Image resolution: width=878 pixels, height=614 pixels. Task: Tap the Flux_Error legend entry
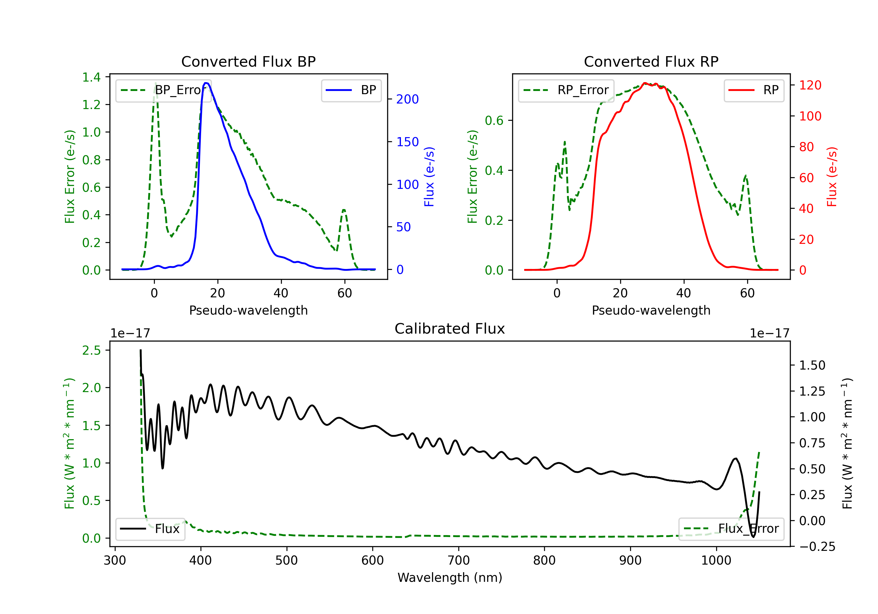tap(731, 529)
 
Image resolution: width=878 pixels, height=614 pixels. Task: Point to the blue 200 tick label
tap(407, 99)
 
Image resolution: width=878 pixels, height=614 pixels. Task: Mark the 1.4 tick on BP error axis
tap(91, 77)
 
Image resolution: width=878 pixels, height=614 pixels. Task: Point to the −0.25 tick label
tap(817, 547)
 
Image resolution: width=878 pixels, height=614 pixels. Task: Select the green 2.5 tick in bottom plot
tap(91, 350)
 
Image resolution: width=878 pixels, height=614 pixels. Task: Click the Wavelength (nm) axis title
tap(450, 577)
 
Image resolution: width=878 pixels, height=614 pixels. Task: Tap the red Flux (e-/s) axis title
tap(832, 177)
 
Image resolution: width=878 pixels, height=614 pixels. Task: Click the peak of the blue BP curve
tap(206, 83)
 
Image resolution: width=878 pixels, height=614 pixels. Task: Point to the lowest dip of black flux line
tap(753, 537)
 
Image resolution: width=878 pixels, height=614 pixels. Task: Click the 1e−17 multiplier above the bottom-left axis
tap(130, 334)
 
